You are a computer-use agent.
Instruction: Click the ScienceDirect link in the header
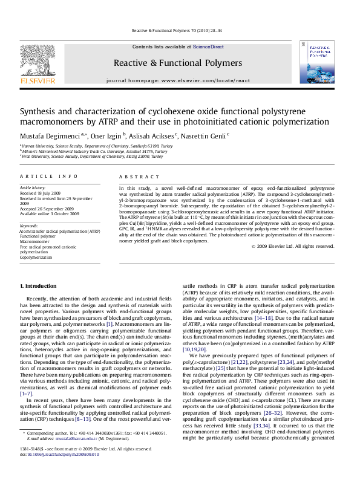click(208, 47)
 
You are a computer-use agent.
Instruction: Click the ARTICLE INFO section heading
click(48, 176)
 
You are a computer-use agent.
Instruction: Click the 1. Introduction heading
click(39, 285)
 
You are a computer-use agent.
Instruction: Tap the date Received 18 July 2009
click(43, 193)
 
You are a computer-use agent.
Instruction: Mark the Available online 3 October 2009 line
click(50, 213)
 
